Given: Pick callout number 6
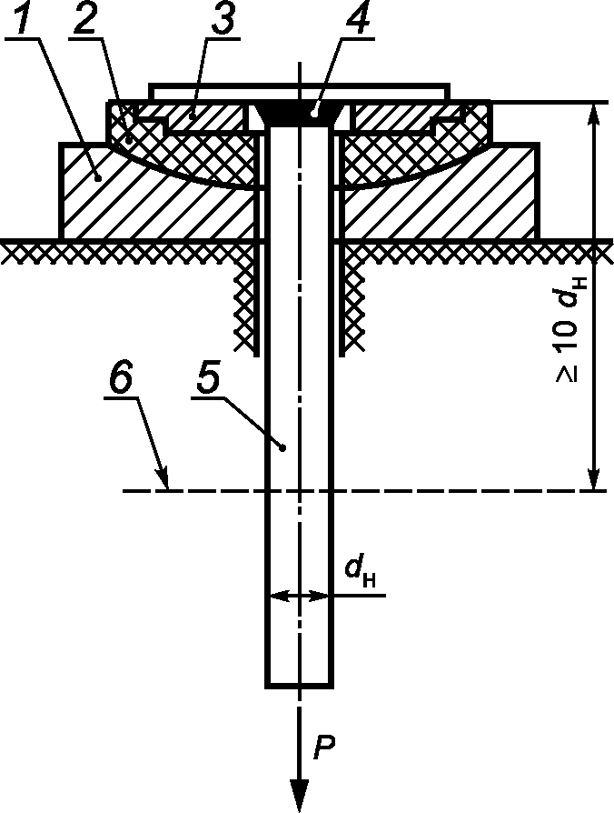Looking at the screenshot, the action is (x=121, y=381).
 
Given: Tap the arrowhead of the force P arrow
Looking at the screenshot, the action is (x=299, y=794).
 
